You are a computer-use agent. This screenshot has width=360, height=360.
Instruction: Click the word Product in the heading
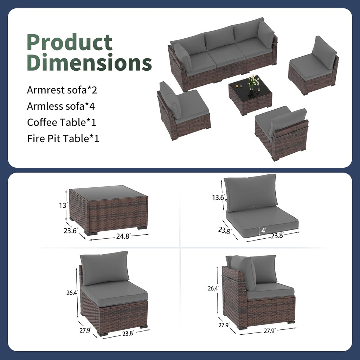point(70,42)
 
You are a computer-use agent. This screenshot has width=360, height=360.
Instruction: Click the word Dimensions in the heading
point(89,62)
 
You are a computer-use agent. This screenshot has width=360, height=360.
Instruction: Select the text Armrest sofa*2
point(62,90)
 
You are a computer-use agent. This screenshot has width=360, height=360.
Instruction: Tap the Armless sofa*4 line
point(61,106)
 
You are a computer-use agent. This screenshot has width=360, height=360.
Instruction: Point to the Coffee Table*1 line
point(62,122)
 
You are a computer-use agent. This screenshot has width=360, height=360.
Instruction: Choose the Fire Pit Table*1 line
point(63,139)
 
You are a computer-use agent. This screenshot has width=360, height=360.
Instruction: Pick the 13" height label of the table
point(63,205)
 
